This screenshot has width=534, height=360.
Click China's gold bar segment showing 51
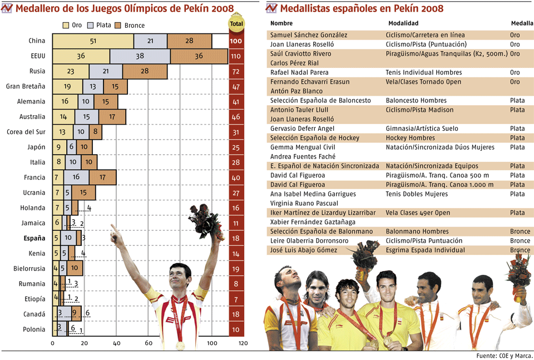coord(93,41)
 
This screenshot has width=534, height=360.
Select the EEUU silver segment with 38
coord(140,56)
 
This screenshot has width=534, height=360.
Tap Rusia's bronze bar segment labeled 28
coord(145,71)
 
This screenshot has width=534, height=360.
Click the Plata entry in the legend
coord(100,25)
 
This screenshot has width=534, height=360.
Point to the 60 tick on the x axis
coord(149,344)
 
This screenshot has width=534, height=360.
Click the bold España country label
coord(34,238)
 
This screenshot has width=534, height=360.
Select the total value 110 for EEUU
coord(236,56)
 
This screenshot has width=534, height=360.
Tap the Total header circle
coord(236,24)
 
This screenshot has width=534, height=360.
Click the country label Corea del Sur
coord(26,132)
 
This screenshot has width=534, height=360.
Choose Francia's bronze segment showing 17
coord(102,177)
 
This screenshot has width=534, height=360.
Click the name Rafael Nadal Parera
coord(299,72)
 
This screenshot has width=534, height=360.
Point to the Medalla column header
coord(522,23)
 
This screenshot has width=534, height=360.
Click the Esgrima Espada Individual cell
coord(425,250)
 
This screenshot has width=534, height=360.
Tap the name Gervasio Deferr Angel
coord(303,129)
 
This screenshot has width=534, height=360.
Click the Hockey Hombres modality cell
coord(412,138)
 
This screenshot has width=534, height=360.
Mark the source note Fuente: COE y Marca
coord(505,355)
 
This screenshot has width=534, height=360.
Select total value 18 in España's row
coord(236,238)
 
